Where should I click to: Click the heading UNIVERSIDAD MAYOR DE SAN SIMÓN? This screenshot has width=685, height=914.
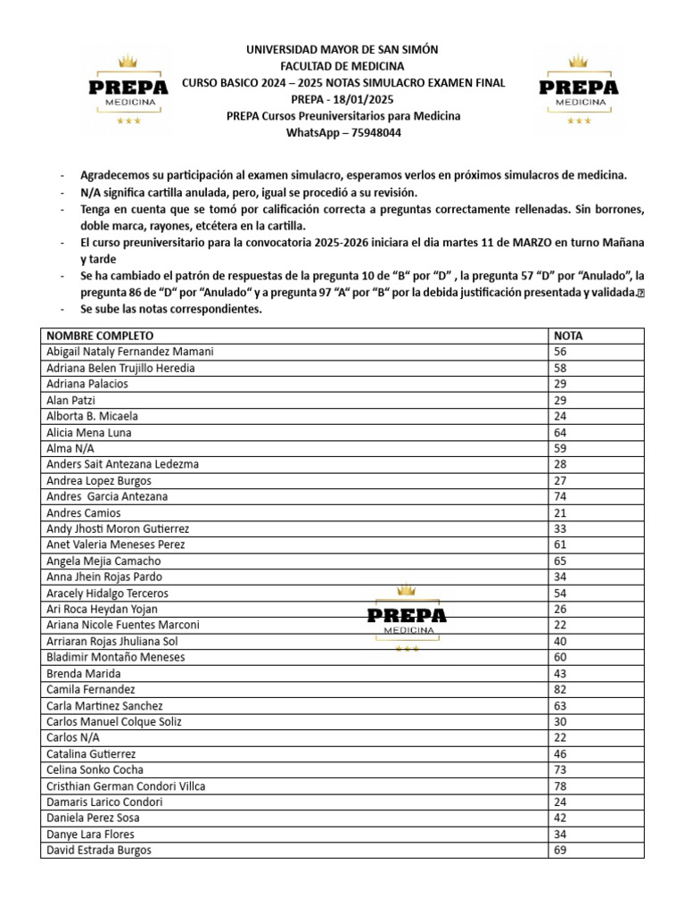point(342,50)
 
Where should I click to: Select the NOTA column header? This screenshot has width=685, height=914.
point(568,336)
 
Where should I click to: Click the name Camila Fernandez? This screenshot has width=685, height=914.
point(91,689)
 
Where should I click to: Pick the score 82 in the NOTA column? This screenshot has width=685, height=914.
point(561,689)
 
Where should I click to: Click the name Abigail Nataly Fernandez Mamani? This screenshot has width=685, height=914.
point(129,352)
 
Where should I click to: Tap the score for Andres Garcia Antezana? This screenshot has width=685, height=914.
point(561,496)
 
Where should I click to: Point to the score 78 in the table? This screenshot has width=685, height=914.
point(561,785)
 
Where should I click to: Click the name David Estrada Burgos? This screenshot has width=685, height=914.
point(98,850)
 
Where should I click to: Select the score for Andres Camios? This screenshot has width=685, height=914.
point(561,512)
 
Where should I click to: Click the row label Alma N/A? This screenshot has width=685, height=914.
point(71,448)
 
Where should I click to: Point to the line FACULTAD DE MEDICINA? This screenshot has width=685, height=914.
point(342,66)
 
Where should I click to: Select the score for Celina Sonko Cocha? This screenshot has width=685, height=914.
point(561,769)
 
